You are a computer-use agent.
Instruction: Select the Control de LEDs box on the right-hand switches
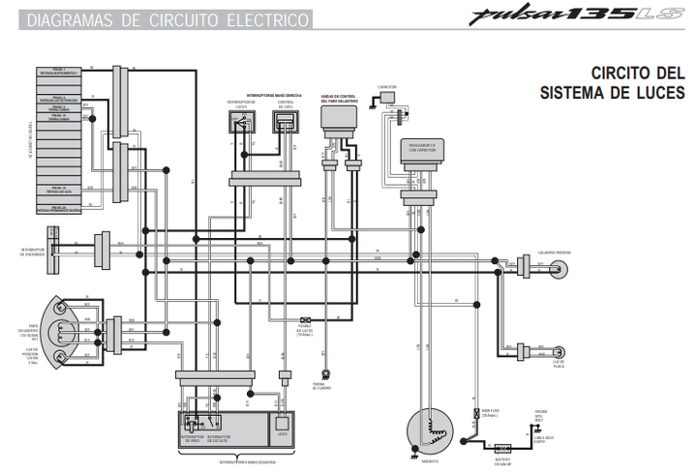(286, 124)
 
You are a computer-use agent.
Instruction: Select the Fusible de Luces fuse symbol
(305, 320)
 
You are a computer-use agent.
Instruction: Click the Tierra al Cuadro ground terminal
(326, 371)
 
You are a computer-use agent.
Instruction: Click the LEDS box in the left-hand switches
(283, 422)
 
